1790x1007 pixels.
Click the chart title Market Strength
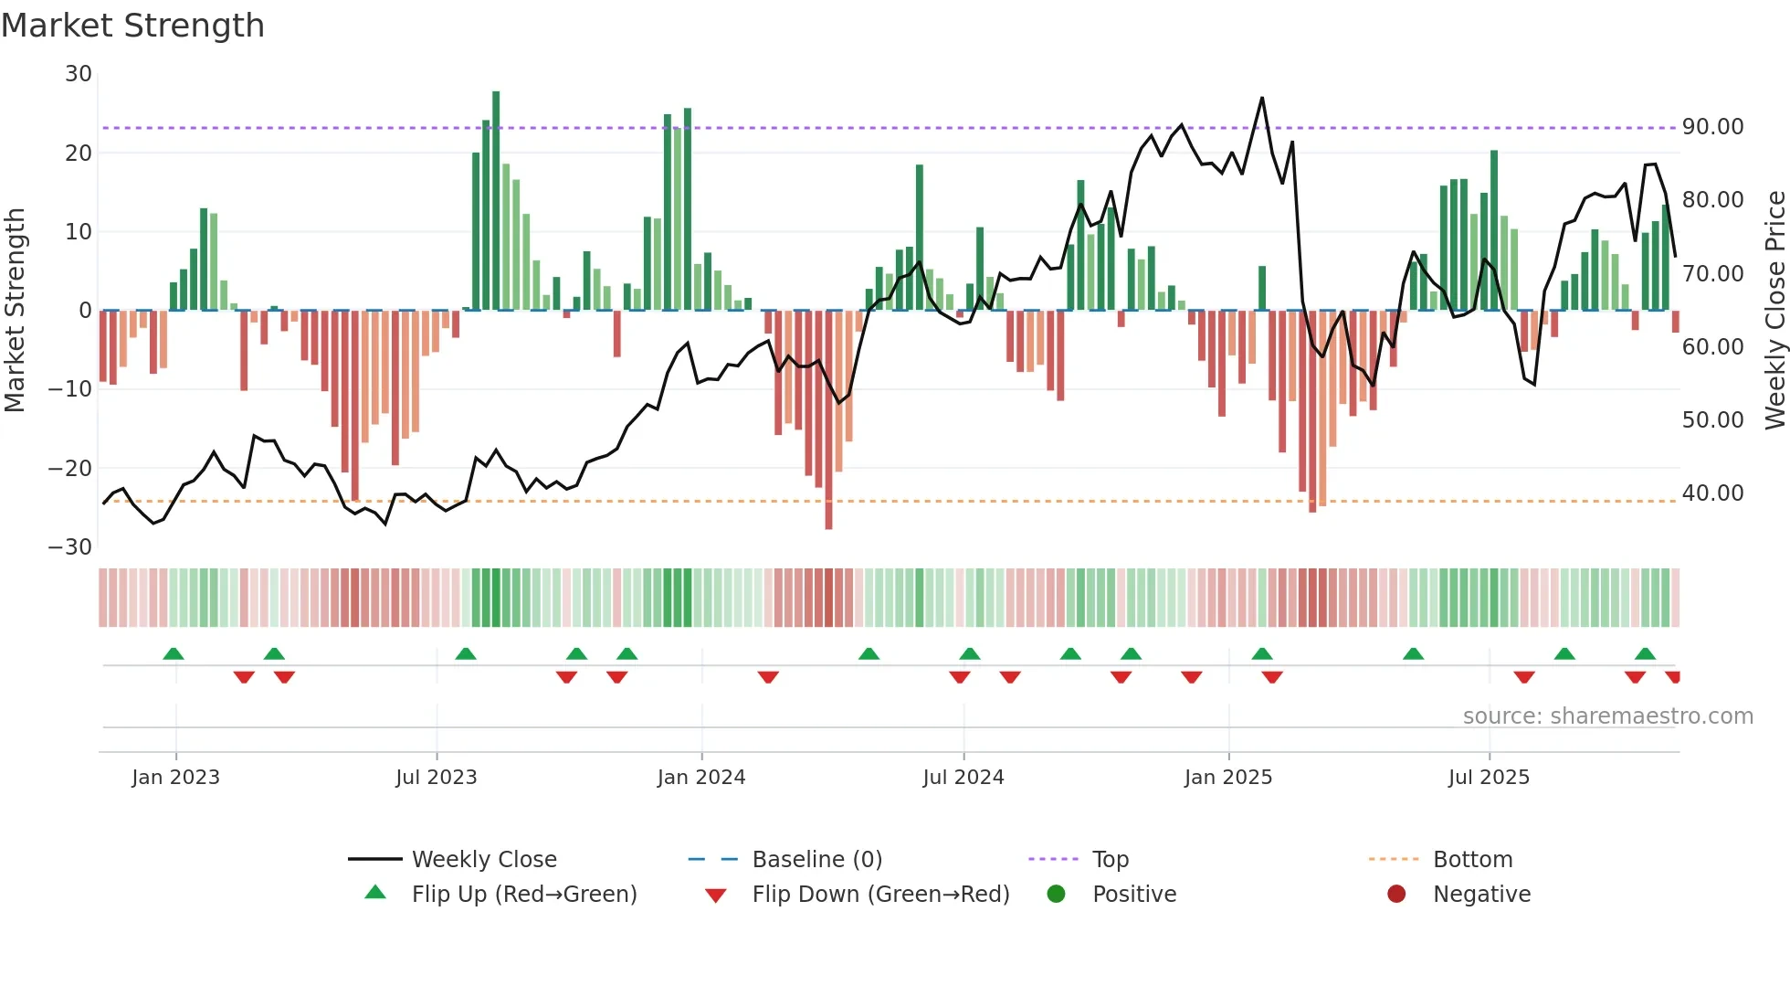132,26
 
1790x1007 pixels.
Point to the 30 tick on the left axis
79,74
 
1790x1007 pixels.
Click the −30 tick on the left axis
70,547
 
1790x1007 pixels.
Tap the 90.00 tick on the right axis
1712,127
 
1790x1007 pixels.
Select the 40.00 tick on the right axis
1712,493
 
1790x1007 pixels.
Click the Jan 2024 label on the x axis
700,778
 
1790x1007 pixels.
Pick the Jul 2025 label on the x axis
1488,778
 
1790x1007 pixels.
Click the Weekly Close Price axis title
1774,311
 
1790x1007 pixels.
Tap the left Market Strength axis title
15,311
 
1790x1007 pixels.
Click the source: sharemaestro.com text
1607,716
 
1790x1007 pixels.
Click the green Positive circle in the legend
1056,895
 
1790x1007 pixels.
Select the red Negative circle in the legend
1396,895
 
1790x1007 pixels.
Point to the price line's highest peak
1262,99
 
